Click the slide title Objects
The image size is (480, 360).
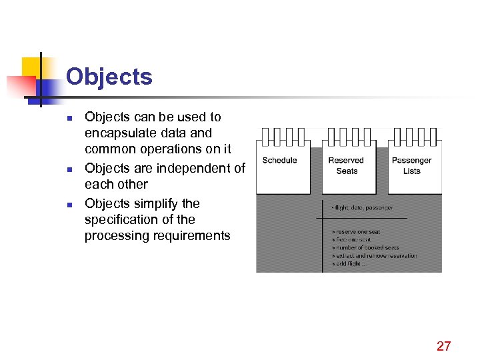tap(109, 77)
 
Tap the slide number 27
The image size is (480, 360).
tap(443, 345)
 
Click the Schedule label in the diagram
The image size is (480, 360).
tap(279, 161)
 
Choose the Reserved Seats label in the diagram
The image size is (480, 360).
tap(346, 165)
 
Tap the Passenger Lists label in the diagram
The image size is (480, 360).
tap(411, 165)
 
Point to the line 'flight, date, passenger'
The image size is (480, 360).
tap(363, 208)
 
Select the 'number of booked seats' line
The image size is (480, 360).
tap(366, 247)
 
